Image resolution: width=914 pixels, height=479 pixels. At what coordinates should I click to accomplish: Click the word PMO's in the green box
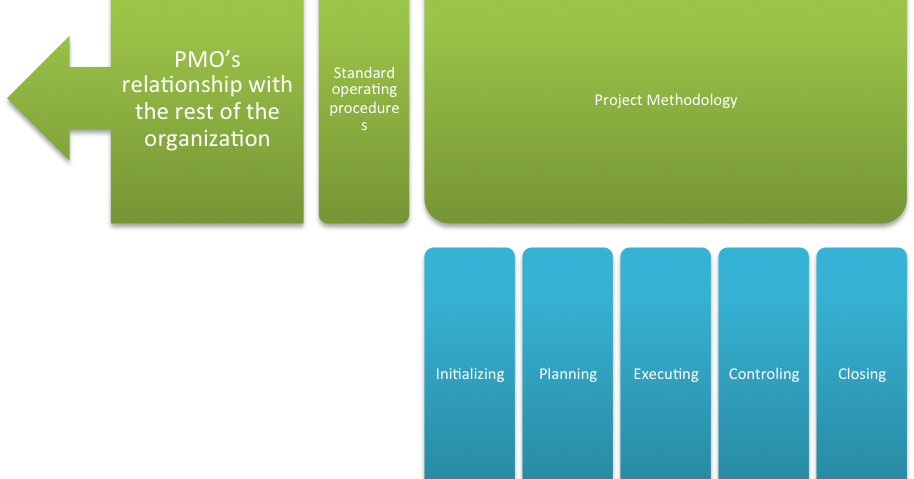(207, 59)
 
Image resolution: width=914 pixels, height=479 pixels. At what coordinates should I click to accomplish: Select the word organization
(207, 139)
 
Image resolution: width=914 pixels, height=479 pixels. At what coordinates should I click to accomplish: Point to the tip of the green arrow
(8, 98)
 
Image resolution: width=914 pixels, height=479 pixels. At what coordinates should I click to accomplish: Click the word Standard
(364, 73)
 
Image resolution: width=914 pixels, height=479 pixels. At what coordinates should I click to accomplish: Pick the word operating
(364, 90)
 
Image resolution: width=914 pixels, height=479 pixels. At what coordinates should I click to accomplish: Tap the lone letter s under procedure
(364, 126)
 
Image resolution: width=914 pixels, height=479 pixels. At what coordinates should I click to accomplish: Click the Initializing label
(470, 374)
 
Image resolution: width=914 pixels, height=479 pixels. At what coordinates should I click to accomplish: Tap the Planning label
(568, 374)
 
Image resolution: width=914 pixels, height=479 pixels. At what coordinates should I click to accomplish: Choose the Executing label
(666, 374)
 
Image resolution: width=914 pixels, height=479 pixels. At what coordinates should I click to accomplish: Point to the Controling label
(764, 374)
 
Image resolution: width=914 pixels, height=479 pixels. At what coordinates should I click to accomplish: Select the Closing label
(862, 374)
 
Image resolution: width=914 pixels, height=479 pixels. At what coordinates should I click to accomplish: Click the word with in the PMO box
(270, 84)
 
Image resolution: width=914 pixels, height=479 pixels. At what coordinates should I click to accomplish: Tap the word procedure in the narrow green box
(364, 108)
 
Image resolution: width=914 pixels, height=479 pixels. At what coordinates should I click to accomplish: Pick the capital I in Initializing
(438, 374)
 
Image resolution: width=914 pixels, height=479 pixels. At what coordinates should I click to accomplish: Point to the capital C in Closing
(842, 374)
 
